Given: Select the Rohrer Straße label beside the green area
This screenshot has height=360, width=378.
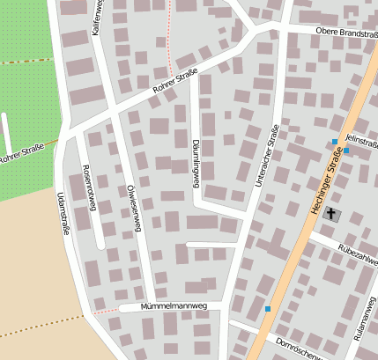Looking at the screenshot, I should (23, 156).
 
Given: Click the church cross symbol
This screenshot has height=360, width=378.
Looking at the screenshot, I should (331, 213).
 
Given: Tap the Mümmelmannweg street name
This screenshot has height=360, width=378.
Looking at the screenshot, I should (174, 307).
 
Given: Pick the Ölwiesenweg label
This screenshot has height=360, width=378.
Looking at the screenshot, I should (135, 208).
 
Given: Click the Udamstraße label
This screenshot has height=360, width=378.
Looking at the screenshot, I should (63, 211).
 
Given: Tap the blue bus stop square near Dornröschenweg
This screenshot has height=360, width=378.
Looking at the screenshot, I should (267, 309).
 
